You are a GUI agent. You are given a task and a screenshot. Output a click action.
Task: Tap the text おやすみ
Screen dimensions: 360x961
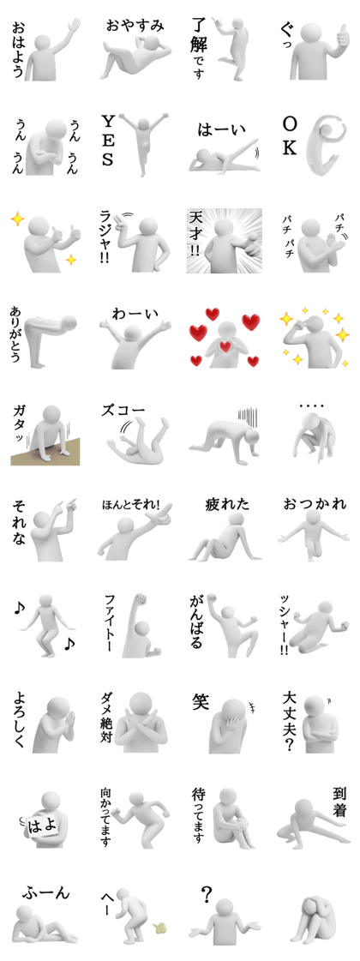click(135, 25)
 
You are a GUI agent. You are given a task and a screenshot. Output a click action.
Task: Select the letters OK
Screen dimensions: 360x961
click(290, 136)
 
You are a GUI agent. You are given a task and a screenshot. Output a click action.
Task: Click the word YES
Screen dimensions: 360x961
click(107, 142)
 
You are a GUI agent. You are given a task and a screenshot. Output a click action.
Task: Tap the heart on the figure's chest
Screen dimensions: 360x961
click(225, 347)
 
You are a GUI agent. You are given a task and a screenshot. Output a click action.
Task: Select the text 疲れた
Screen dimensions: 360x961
click(227, 504)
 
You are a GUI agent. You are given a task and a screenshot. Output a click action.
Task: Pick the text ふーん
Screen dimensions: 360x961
click(46, 892)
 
